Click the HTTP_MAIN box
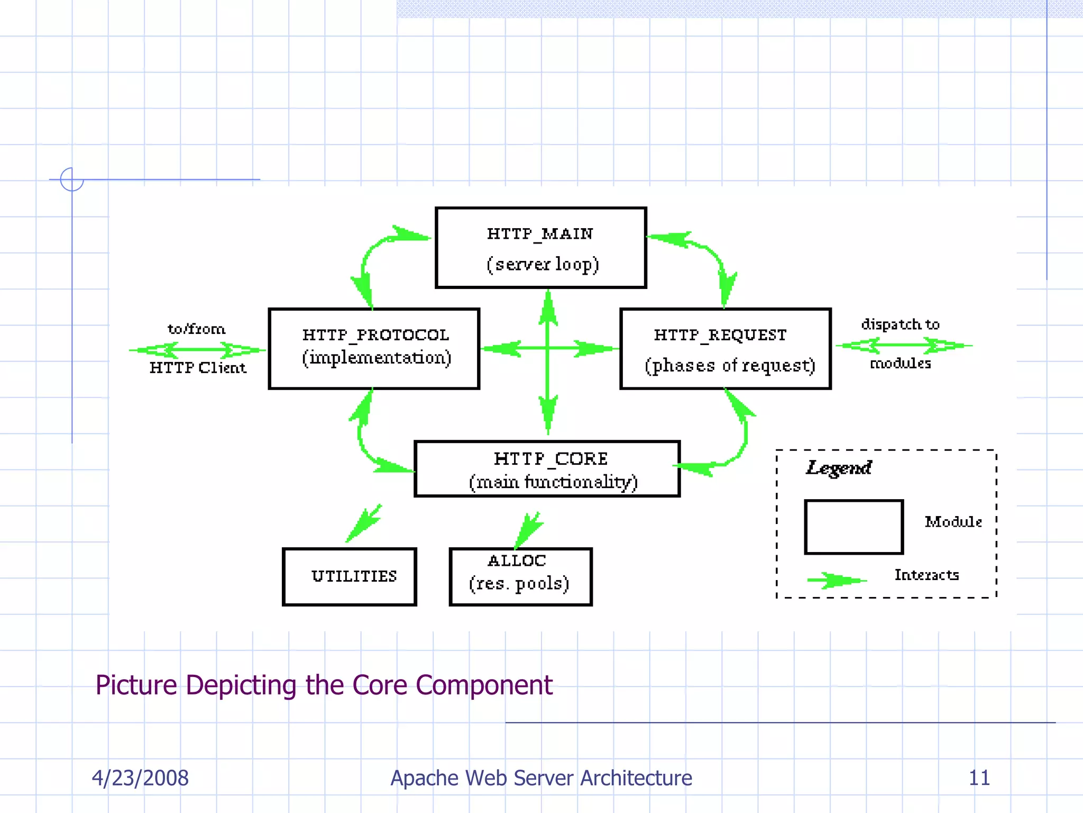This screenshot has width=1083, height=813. (x=540, y=248)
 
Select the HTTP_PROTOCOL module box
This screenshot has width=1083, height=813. (x=374, y=348)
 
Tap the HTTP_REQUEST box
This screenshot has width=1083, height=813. (x=725, y=348)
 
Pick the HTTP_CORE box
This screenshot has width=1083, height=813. (x=547, y=469)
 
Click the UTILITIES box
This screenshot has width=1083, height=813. (x=350, y=576)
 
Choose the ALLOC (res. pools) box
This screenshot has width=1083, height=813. (x=520, y=576)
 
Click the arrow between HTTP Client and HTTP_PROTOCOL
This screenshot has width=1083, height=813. (x=197, y=349)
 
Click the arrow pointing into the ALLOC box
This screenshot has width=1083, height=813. (x=529, y=529)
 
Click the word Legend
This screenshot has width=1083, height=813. (x=839, y=468)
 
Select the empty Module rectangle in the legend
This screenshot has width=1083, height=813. (x=853, y=527)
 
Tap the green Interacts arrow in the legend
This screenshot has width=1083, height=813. (x=837, y=580)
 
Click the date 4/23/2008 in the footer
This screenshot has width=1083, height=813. (x=140, y=778)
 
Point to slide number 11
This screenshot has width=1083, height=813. (x=979, y=778)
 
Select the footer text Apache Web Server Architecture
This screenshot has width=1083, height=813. (x=541, y=778)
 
